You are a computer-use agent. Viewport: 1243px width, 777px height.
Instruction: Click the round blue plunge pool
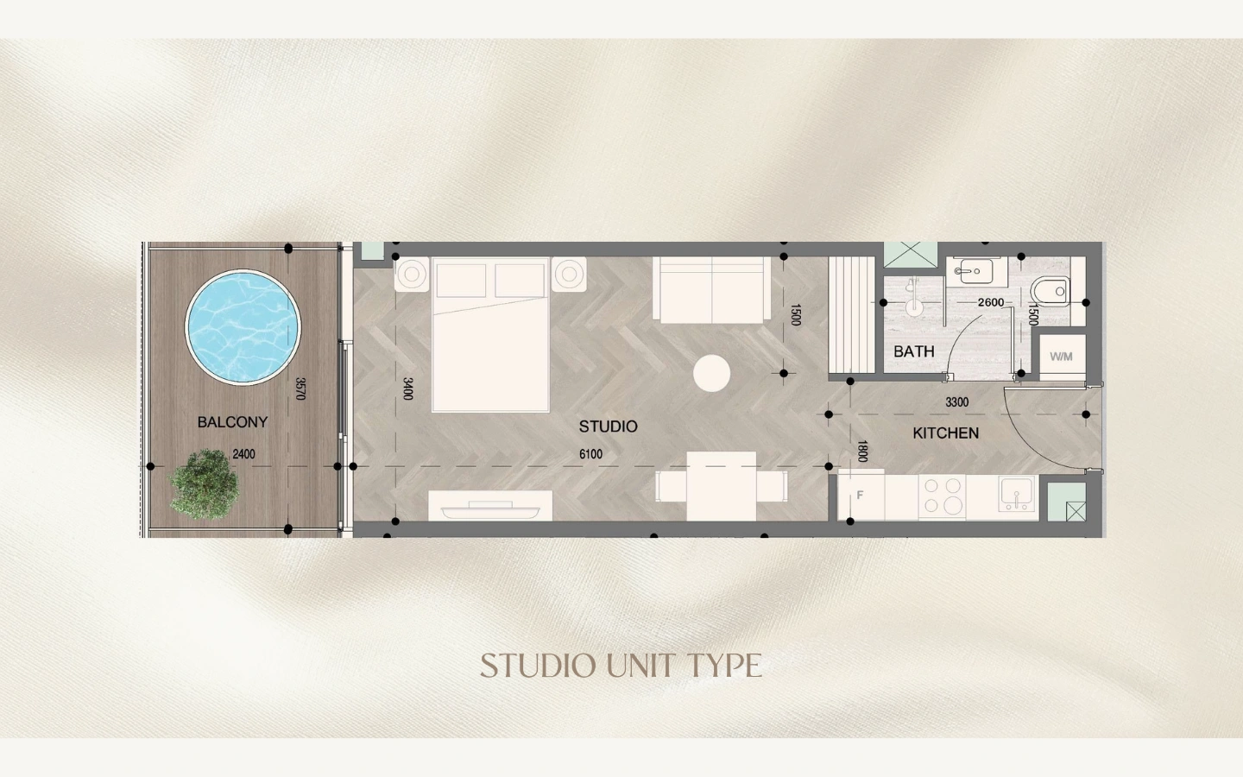pyautogui.click(x=243, y=327)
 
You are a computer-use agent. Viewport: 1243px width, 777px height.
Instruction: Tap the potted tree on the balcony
pyautogui.click(x=205, y=484)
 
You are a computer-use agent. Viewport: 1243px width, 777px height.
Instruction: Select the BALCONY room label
pyautogui.click(x=232, y=422)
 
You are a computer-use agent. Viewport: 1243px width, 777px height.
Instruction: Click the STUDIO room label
pyautogui.click(x=609, y=426)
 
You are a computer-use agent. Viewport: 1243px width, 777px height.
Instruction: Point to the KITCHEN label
pyautogui.click(x=945, y=433)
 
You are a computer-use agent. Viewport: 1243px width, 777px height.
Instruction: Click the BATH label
pyautogui.click(x=914, y=351)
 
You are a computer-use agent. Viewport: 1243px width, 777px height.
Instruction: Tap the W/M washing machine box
pyautogui.click(x=1062, y=357)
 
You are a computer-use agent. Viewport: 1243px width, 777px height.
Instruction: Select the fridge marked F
pyautogui.click(x=861, y=495)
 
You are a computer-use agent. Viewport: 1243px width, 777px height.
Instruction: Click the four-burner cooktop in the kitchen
pyautogui.click(x=943, y=496)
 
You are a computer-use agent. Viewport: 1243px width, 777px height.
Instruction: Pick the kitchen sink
pyautogui.click(x=1016, y=494)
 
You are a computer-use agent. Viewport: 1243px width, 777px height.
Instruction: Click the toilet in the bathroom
pyautogui.click(x=1051, y=291)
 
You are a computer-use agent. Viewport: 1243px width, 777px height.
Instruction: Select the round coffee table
pyautogui.click(x=711, y=374)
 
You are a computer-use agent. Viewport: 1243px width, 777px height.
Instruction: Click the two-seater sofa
pyautogui.click(x=711, y=290)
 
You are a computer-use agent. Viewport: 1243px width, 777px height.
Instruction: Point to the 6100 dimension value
pyautogui.click(x=591, y=454)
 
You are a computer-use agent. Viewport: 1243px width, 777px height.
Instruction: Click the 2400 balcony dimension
pyautogui.click(x=243, y=454)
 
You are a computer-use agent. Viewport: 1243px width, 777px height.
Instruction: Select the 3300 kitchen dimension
pyautogui.click(x=957, y=401)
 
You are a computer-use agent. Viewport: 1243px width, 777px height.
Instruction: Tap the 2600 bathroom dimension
pyautogui.click(x=991, y=302)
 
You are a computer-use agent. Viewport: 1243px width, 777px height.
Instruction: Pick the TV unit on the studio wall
pyautogui.click(x=490, y=506)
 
